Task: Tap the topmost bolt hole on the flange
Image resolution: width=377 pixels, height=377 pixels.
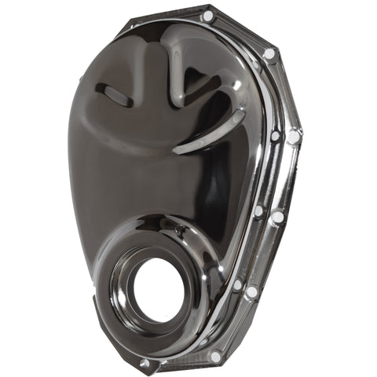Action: coord(207,16)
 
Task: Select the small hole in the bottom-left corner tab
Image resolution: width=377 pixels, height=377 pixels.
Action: coord(145,364)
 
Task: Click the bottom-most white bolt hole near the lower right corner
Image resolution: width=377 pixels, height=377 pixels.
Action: coord(215,357)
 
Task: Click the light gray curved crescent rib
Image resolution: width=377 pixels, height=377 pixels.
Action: coord(206,137)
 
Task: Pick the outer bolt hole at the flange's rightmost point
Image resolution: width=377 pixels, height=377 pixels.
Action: coord(293,137)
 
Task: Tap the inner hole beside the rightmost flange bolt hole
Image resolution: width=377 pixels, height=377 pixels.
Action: coord(275,136)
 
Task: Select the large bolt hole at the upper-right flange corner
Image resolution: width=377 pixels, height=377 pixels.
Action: coord(269,53)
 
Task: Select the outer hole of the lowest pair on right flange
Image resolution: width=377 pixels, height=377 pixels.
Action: coord(251,292)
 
